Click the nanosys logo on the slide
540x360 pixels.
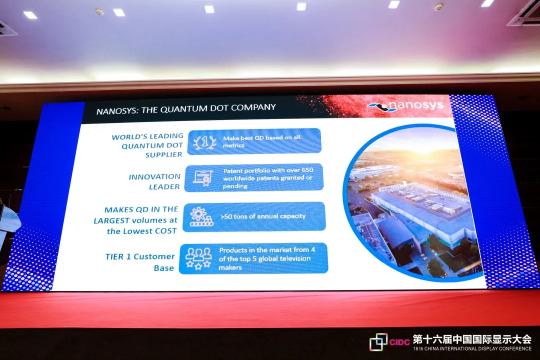(405, 106)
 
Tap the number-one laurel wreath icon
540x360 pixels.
(204, 142)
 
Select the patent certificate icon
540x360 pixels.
(203, 178)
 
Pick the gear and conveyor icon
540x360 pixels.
(201, 216)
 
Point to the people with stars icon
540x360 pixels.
(198, 258)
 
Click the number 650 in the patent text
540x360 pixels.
(307, 169)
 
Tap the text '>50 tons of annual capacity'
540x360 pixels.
(263, 216)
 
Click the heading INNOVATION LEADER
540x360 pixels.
(154, 181)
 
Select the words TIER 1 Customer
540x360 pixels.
(140, 256)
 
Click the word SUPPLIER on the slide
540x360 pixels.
(163, 154)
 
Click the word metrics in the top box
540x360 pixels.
(233, 145)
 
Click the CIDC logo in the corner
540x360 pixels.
(389, 341)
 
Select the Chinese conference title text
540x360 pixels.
(472, 339)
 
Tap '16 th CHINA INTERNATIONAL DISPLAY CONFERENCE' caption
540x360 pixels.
(472, 348)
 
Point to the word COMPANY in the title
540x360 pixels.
(253, 107)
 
